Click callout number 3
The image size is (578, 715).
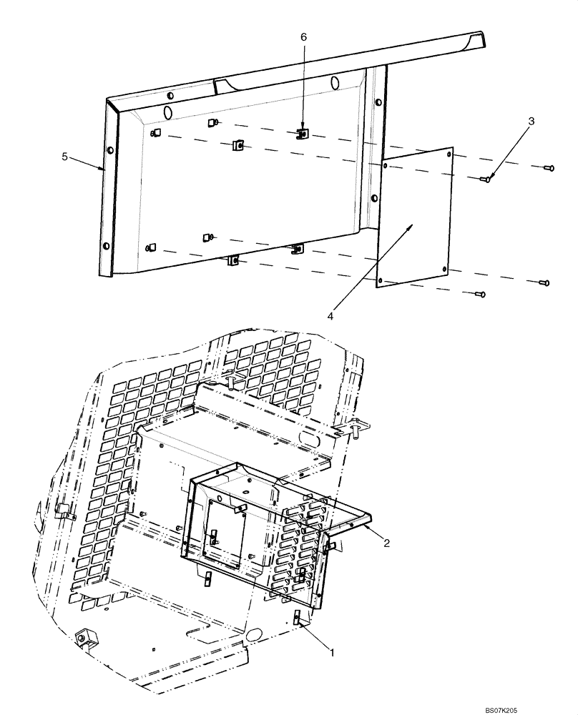pos(531,122)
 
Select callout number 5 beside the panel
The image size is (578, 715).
pos(64,157)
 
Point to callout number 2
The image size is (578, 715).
pos(386,543)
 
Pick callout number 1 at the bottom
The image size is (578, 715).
pos(330,651)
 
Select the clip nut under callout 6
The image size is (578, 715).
pos(303,134)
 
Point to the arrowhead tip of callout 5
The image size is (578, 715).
pos(104,169)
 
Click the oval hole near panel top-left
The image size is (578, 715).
pos(165,112)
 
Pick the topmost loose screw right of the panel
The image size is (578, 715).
pos(549,168)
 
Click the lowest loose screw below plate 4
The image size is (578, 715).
pos(480,293)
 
